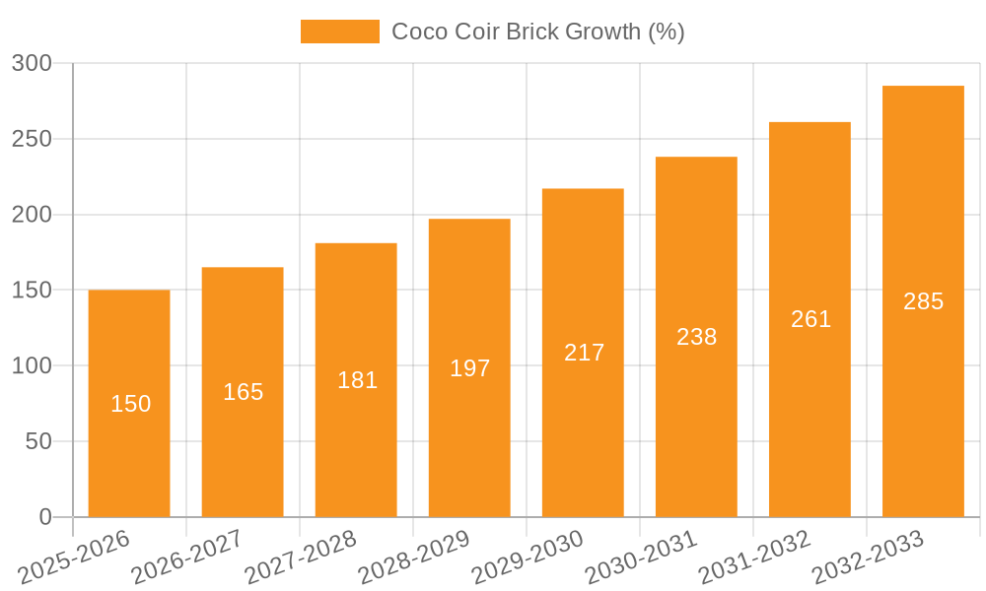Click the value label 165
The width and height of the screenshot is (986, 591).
pyautogui.click(x=244, y=392)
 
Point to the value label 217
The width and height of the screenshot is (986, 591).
pyautogui.click(x=584, y=353)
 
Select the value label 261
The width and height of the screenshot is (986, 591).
pyautogui.click(x=810, y=319)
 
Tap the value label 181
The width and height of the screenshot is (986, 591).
pyautogui.click(x=357, y=380)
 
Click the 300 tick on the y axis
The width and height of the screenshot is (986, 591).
pyautogui.click(x=33, y=64)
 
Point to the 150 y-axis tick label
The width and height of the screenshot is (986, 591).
pyautogui.click(x=33, y=291)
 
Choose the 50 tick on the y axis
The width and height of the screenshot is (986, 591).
pyautogui.click(x=39, y=441)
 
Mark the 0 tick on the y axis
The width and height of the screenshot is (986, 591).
pyautogui.click(x=45, y=517)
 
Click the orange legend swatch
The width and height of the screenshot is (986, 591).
pyautogui.click(x=339, y=32)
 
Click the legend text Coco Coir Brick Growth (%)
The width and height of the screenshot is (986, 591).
pyautogui.click(x=537, y=32)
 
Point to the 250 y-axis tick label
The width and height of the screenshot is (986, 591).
pyautogui.click(x=33, y=139)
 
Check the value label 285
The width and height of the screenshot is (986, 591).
pyautogui.click(x=923, y=301)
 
